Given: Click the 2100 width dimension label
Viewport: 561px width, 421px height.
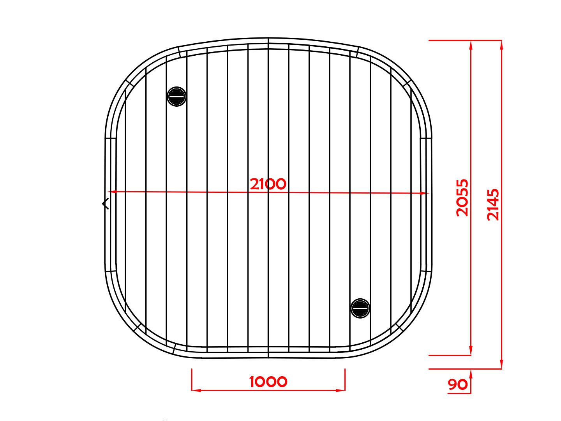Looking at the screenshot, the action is [x=268, y=184].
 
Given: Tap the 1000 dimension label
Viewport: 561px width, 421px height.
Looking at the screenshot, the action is [x=268, y=382].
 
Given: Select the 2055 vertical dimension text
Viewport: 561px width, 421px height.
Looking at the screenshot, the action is [x=462, y=198].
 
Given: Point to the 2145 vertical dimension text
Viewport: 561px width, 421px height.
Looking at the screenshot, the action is [x=493, y=204].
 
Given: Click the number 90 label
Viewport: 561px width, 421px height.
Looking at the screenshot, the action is [x=457, y=384].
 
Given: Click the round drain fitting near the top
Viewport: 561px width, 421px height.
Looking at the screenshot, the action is [x=176, y=97].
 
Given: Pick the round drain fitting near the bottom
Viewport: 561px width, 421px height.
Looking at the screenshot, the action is [x=360, y=308].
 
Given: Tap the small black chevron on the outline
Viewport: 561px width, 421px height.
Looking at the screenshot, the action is [x=105, y=204].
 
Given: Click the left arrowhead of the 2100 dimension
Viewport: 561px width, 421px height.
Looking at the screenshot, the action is [x=113, y=191].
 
